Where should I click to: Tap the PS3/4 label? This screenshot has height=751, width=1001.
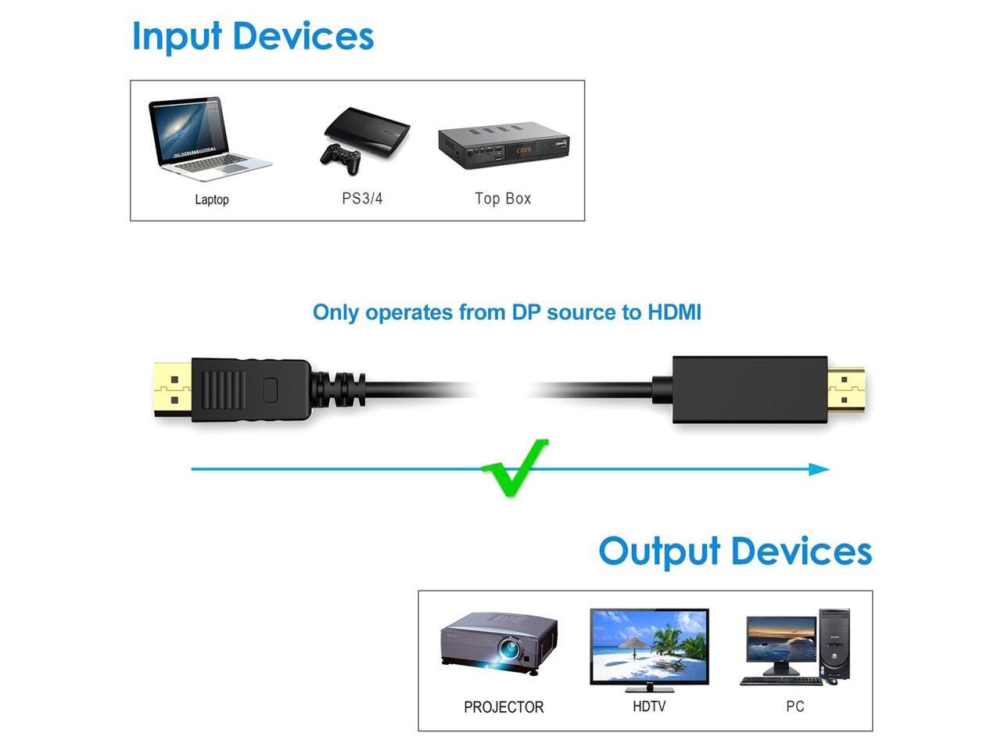pos(362,198)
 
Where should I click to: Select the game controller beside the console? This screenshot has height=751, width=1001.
pos(340,158)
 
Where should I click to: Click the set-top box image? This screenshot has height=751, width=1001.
pos(504,146)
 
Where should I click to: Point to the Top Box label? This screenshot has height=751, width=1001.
pos(503,199)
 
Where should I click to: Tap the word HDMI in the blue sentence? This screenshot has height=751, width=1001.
pos(674,313)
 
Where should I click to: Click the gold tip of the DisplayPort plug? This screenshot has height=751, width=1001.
pos(172,389)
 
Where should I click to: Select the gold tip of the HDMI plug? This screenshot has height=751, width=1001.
pos(846,390)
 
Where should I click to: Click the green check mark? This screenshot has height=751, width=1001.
pos(513,467)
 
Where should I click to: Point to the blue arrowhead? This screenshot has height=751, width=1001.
pos(820,469)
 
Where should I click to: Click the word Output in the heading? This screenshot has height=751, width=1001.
pos(658,552)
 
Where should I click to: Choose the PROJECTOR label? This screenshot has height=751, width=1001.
pos(503,707)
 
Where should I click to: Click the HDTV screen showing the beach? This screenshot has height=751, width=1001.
pos(649,644)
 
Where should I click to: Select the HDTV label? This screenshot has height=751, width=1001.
pos(649,706)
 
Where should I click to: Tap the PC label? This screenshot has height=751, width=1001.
pos(795,706)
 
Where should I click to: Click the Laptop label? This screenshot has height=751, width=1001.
pos(212,199)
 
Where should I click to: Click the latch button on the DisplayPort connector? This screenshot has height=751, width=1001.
pos(271,389)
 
